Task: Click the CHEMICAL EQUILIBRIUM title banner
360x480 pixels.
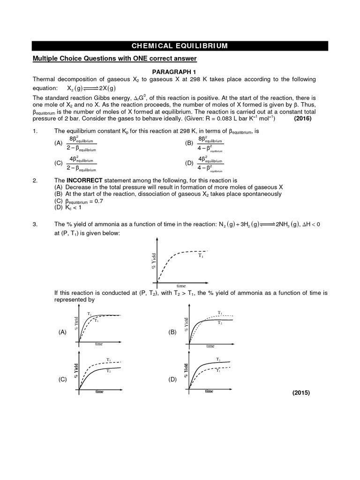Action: (x=180, y=45)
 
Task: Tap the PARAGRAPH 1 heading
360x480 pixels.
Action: (x=180, y=70)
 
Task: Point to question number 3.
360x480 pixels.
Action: (x=35, y=224)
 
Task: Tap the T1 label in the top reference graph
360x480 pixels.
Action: (x=201, y=256)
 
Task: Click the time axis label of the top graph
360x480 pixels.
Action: (x=181, y=285)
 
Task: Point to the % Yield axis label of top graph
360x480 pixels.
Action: (x=153, y=261)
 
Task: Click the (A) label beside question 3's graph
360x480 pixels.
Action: (x=62, y=331)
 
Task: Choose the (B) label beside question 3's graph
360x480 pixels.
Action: (x=172, y=331)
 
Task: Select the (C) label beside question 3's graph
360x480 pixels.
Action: (x=62, y=380)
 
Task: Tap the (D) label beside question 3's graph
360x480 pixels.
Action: (x=172, y=380)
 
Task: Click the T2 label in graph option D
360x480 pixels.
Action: (x=218, y=359)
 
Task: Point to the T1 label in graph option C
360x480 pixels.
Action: (x=108, y=360)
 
